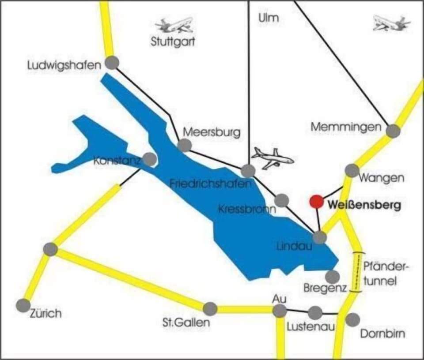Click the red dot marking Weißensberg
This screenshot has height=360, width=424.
click(316, 202)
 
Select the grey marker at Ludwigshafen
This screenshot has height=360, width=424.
click(112, 63)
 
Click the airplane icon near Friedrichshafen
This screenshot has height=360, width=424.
click(272, 158)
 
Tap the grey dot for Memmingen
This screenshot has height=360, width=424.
click(393, 131)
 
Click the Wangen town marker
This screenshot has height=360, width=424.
click(352, 170)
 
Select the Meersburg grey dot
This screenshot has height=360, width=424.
click(185, 145)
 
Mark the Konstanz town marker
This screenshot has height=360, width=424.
click(150, 159)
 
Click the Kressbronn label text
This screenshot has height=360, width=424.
click(246, 209)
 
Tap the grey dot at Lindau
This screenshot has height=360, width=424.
click(319, 237)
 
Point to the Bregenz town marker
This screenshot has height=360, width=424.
click(332, 277)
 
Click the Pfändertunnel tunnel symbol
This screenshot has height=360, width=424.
click(358, 272)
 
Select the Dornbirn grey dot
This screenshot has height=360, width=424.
click(352, 319)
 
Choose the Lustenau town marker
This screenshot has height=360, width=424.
click(315, 313)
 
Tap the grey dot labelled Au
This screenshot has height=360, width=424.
click(279, 311)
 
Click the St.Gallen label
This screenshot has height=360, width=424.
click(185, 323)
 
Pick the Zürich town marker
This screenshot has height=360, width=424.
click(23, 305)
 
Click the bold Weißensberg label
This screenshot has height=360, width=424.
click(364, 205)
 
